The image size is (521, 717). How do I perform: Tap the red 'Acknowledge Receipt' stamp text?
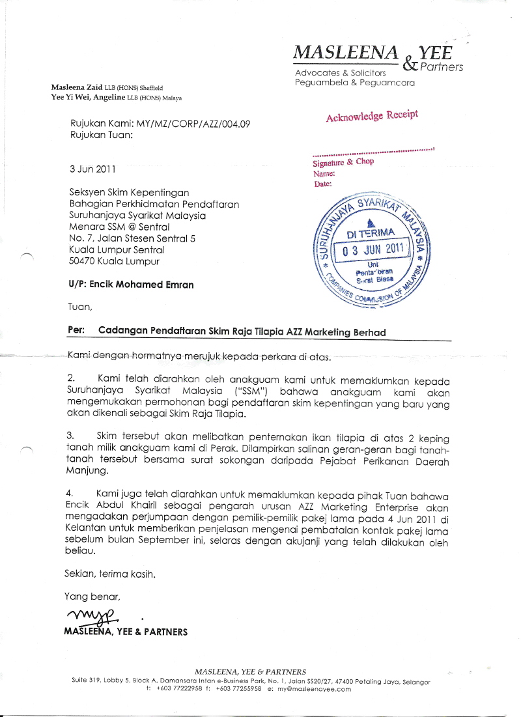coord(372,116)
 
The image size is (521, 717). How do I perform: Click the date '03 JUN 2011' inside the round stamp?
coord(373,249)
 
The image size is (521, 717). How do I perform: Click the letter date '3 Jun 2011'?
coord(92,169)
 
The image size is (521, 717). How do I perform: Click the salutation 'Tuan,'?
coord(81,307)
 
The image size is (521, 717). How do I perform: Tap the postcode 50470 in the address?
coord(83,262)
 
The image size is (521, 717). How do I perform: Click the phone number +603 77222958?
coord(178,689)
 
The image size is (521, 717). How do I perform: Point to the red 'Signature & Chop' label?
coord(343,162)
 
